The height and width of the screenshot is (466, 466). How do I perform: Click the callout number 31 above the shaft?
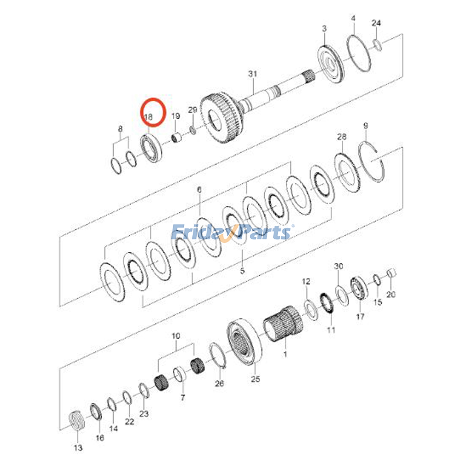[253, 74]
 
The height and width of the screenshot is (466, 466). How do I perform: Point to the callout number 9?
[366, 126]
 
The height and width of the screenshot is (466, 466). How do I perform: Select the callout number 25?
[255, 379]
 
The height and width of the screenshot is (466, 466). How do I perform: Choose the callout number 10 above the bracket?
[176, 336]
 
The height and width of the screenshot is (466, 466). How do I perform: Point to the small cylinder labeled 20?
[392, 274]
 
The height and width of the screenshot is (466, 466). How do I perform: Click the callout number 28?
[342, 137]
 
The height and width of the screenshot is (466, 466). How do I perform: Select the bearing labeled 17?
[359, 287]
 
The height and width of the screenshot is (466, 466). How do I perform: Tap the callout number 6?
[199, 190]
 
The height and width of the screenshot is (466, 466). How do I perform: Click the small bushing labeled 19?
[176, 137]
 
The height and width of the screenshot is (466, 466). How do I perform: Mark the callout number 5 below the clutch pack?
[242, 271]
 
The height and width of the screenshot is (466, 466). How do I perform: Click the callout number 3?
[324, 29]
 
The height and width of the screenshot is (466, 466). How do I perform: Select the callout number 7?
[183, 397]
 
